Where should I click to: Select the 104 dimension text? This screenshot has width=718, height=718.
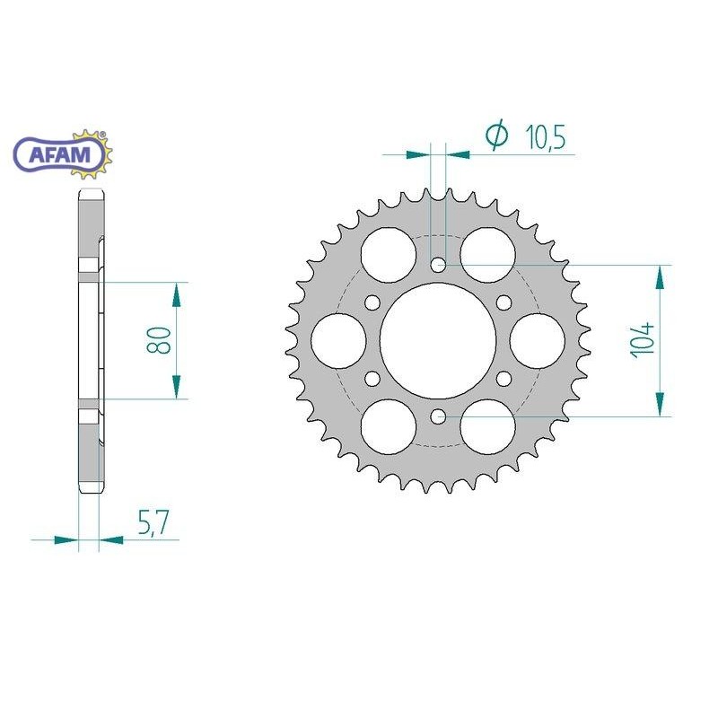click(x=644, y=340)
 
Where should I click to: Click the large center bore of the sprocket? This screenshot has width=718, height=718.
click(x=438, y=340)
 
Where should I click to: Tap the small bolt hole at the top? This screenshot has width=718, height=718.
click(x=438, y=265)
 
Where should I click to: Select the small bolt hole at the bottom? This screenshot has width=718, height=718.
click(x=438, y=416)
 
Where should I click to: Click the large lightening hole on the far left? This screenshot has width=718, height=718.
click(x=339, y=340)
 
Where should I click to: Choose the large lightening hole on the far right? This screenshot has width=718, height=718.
click(x=537, y=340)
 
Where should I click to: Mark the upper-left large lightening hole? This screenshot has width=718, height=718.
click(x=389, y=255)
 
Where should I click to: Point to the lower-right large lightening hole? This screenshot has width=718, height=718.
click(x=487, y=425)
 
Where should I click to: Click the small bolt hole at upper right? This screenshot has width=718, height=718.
click(x=503, y=302)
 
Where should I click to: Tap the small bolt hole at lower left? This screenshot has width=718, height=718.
click(x=372, y=378)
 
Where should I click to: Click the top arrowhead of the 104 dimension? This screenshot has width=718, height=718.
click(x=662, y=276)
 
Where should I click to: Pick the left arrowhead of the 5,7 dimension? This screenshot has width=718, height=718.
click(x=66, y=540)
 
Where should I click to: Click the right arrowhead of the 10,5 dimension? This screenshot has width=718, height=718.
click(x=459, y=155)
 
